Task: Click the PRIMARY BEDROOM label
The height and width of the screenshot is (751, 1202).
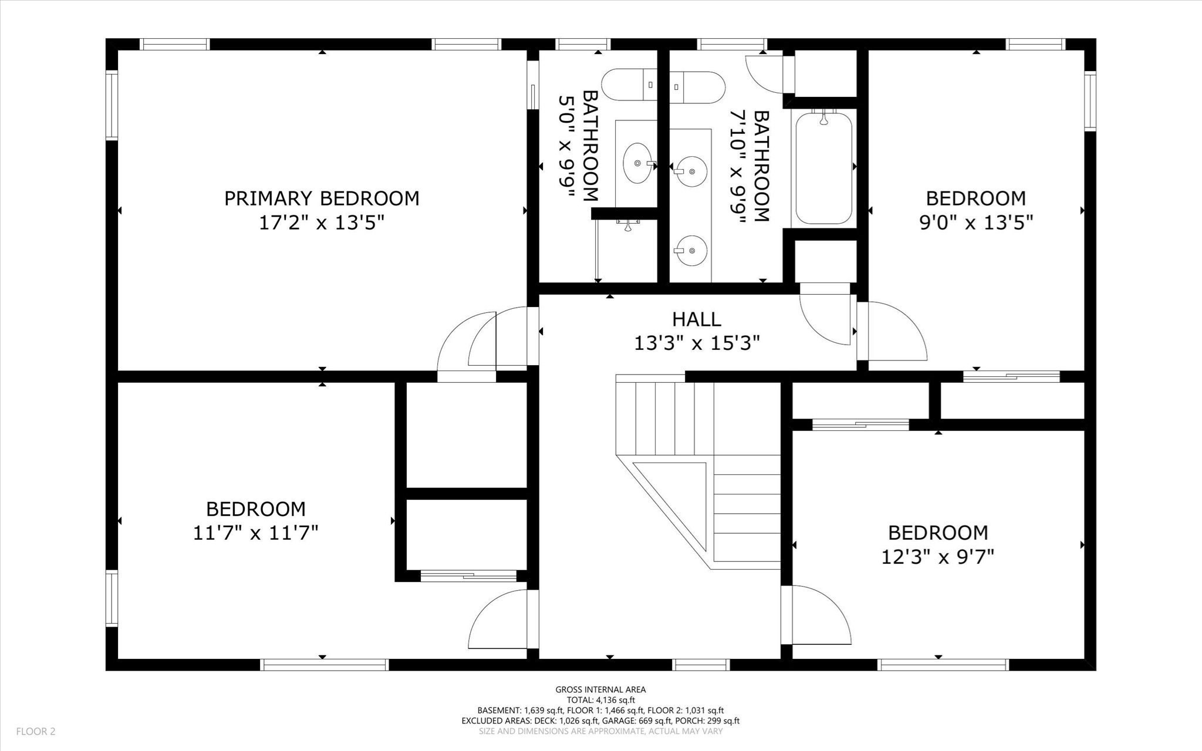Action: tap(322, 198)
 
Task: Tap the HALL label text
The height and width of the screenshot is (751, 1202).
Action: tap(696, 319)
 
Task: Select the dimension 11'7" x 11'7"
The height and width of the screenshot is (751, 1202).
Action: tap(255, 533)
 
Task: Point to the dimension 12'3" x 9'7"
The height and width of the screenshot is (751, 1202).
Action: tap(937, 557)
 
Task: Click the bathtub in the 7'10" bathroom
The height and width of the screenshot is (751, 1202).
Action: tap(823, 168)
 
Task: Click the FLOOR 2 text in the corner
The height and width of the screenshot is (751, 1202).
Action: tap(35, 732)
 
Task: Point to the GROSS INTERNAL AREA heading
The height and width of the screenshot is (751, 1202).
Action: tap(600, 690)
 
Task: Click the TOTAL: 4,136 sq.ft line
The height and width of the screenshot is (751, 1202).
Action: tap(600, 700)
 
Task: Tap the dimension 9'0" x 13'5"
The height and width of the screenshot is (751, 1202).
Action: tap(975, 223)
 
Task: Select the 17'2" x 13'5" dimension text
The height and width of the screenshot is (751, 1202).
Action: tap(322, 223)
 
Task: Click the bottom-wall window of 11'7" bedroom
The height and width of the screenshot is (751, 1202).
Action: tap(324, 665)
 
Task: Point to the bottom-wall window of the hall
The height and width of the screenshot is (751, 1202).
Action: tap(700, 665)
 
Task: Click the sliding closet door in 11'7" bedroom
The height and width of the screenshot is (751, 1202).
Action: tap(468, 576)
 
